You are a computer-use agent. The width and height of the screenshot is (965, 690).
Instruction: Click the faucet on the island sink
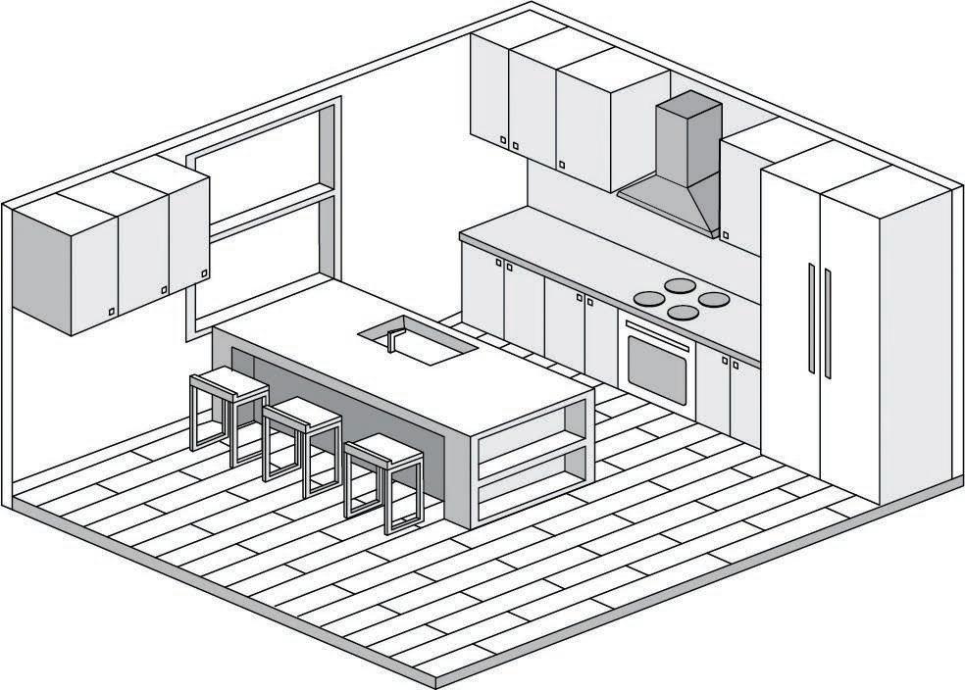391,338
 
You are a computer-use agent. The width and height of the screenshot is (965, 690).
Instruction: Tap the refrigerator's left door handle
811,318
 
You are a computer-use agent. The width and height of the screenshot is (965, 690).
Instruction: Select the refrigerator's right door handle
828,323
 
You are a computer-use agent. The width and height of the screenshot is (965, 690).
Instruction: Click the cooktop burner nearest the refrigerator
713,298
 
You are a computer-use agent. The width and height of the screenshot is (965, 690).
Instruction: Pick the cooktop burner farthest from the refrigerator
648,298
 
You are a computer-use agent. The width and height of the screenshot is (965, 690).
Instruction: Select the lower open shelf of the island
533,476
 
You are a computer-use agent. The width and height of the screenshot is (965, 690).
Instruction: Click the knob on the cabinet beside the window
204,273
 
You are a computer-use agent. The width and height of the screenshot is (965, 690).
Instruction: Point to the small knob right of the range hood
725,234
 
